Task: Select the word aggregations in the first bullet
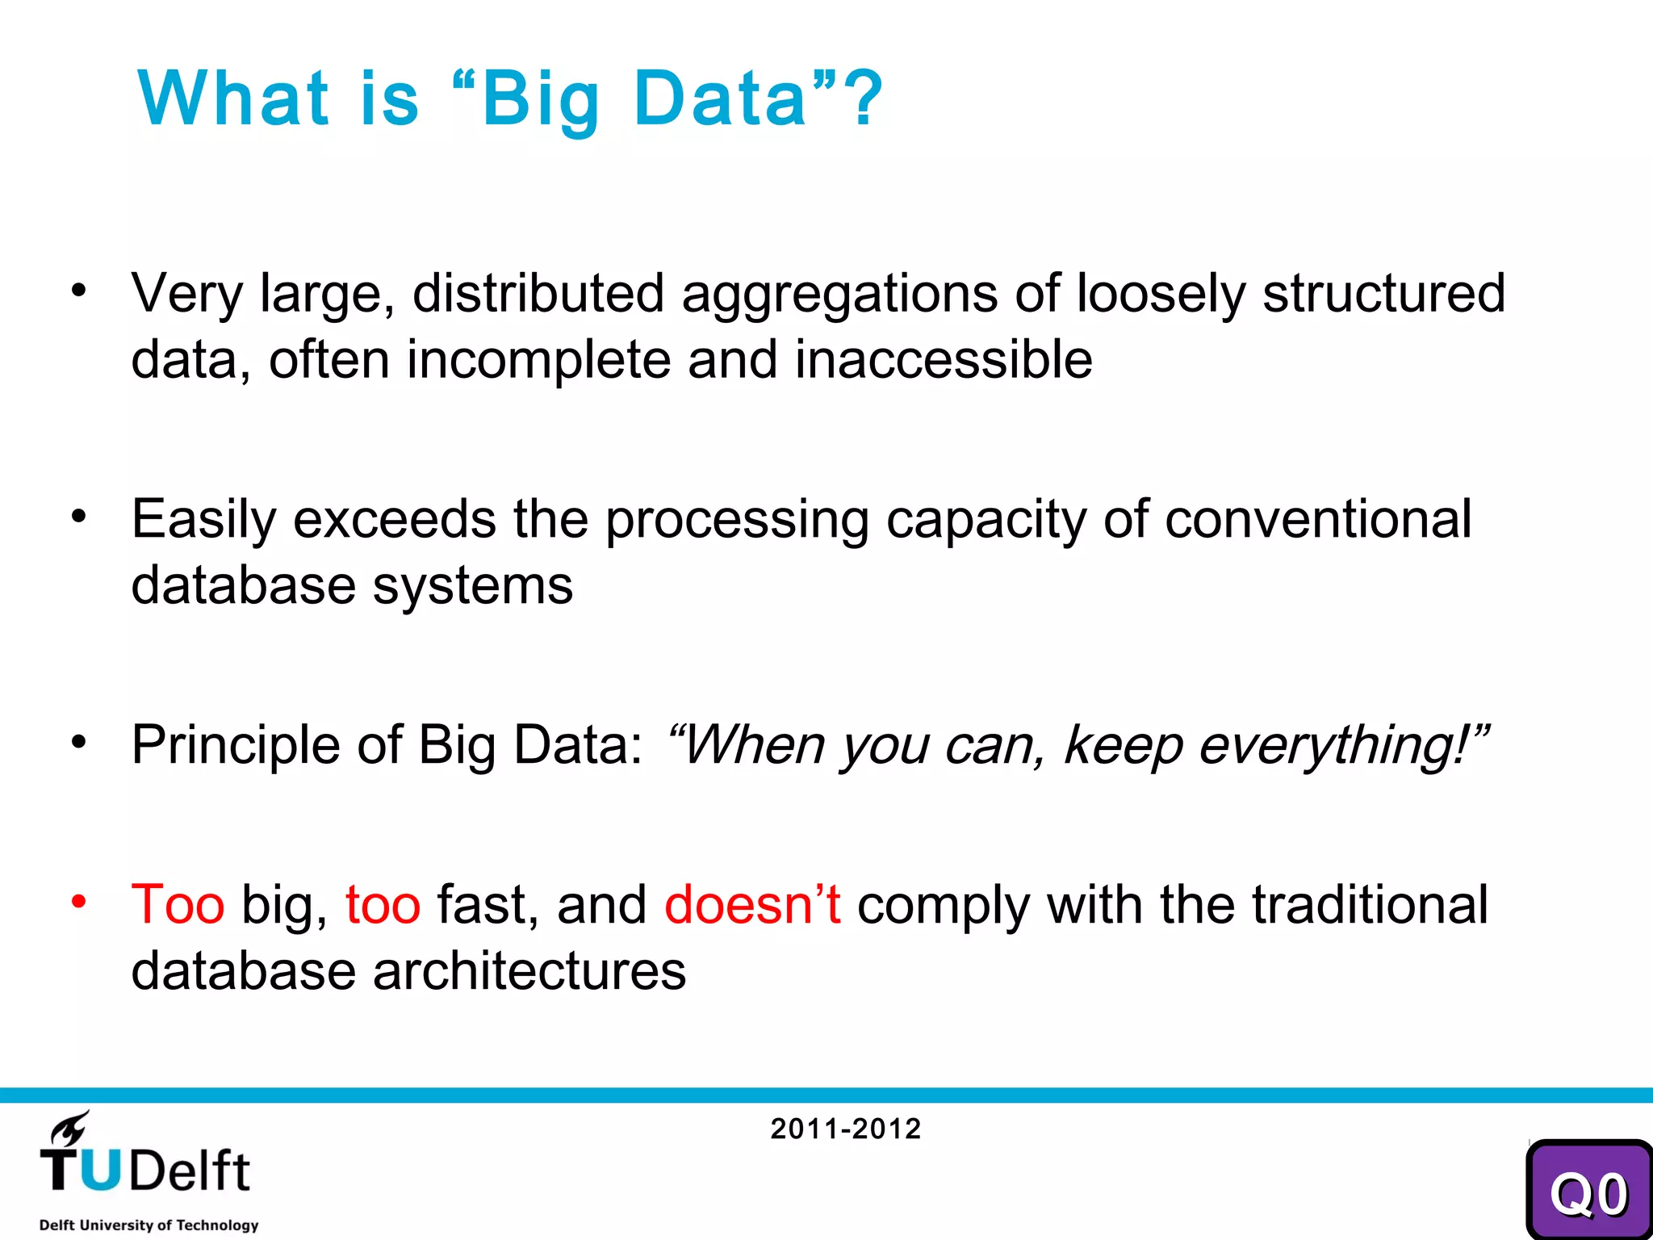point(839,295)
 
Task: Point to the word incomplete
point(538,360)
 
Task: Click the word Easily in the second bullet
point(203,521)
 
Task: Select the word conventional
point(1317,519)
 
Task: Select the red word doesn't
point(752,905)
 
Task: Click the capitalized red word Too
point(178,905)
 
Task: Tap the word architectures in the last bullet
point(529,971)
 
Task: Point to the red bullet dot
point(78,901)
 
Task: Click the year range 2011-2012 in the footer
point(845,1129)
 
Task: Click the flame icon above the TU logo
point(71,1129)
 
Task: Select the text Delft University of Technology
point(149,1225)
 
